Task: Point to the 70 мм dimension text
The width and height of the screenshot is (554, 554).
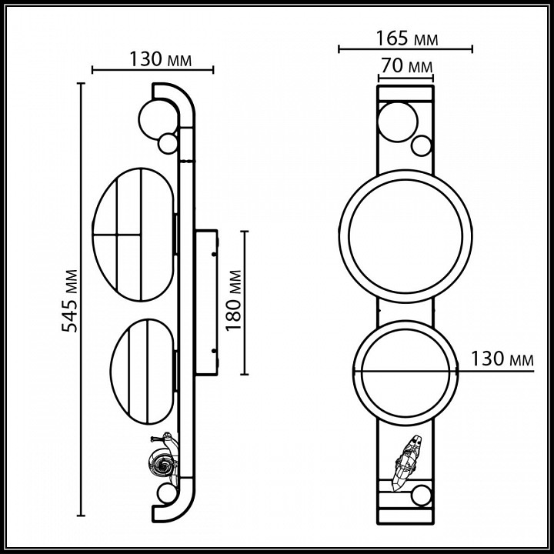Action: pyautogui.click(x=405, y=68)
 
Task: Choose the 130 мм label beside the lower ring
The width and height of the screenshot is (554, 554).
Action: pyautogui.click(x=502, y=359)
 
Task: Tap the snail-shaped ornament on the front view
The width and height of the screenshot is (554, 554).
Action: pyautogui.click(x=408, y=461)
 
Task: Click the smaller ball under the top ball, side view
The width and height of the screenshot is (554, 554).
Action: pyautogui.click(x=167, y=142)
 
